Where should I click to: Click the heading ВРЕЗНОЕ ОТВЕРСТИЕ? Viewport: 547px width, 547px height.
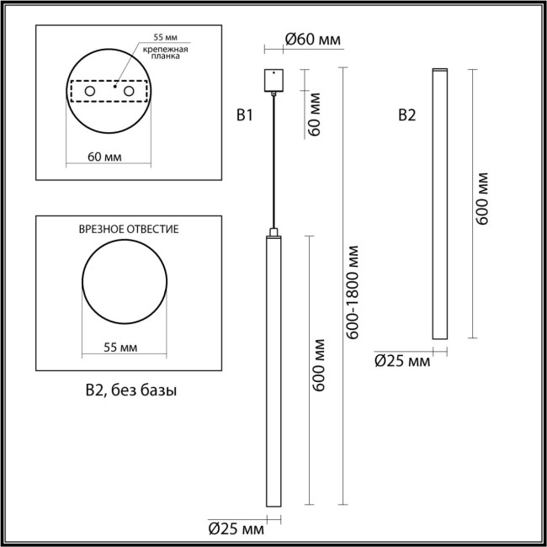pos(127,229)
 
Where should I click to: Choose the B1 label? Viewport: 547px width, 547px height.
pos(244,116)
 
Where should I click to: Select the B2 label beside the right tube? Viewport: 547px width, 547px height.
pos(406,116)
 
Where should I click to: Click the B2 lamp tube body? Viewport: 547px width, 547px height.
pos(438,202)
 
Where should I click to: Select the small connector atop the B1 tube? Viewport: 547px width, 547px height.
pos(273,231)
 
